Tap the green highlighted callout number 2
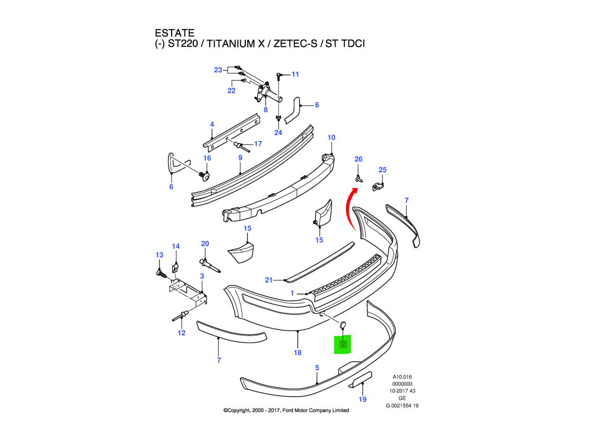pyautogui.click(x=343, y=345)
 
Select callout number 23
pyautogui.click(x=218, y=70)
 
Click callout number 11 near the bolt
pyautogui.click(x=295, y=74)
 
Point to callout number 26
pyautogui.click(x=358, y=159)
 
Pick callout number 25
pyautogui.click(x=383, y=170)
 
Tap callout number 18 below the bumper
pyautogui.click(x=297, y=352)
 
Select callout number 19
pyautogui.click(x=362, y=399)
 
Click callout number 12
pyautogui.click(x=181, y=333)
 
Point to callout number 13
pyautogui.click(x=159, y=255)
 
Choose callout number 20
pyautogui.click(x=205, y=244)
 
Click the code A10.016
pyautogui.click(x=402, y=377)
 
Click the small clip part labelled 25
pyautogui.click(x=378, y=185)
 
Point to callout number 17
pyautogui.click(x=258, y=144)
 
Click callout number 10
pyautogui.click(x=331, y=138)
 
